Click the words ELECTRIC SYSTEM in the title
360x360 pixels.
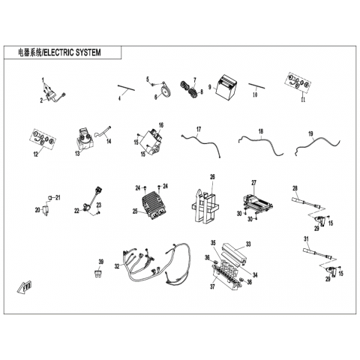73,52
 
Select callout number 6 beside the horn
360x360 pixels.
156,97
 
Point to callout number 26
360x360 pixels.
212,177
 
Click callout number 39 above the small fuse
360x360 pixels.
100,262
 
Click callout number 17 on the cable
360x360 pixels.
199,129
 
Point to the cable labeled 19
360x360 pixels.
317,147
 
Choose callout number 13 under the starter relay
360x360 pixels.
77,153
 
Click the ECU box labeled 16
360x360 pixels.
151,143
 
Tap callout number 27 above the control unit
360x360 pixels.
254,183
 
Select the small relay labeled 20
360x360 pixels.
46,209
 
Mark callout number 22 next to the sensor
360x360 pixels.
76,211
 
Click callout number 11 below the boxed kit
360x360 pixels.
303,100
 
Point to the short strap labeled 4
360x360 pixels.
126,88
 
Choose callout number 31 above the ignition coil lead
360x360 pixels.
306,239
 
